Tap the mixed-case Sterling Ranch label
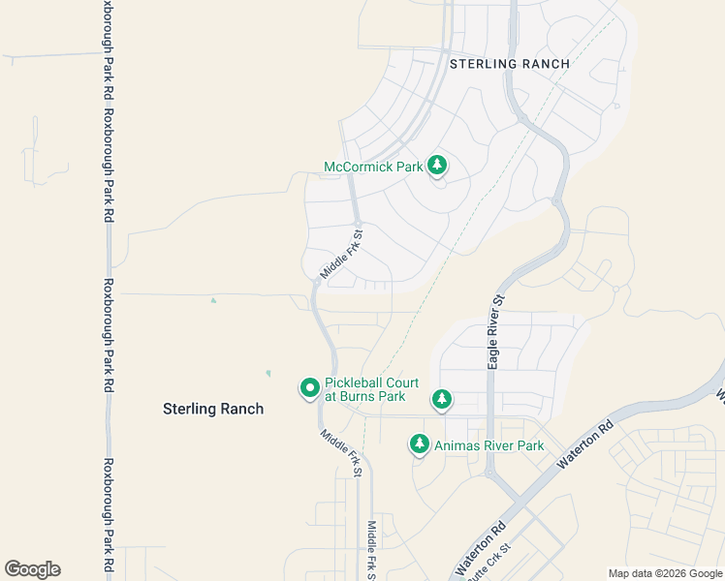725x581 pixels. (212, 409)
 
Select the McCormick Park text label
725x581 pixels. (373, 167)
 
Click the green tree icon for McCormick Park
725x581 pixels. (437, 166)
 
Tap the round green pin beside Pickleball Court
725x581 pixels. (310, 388)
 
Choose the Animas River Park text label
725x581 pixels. (489, 445)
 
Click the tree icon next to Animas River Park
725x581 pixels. (420, 444)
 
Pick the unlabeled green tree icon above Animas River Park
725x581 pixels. (442, 399)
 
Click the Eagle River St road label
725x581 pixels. (494, 331)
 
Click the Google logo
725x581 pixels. (32, 569)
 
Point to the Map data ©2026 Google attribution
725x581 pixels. (665, 573)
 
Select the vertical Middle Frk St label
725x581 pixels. (371, 549)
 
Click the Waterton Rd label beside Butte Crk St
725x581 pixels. (481, 549)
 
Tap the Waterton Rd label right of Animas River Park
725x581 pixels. (585, 445)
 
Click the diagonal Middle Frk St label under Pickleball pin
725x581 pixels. (341, 453)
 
